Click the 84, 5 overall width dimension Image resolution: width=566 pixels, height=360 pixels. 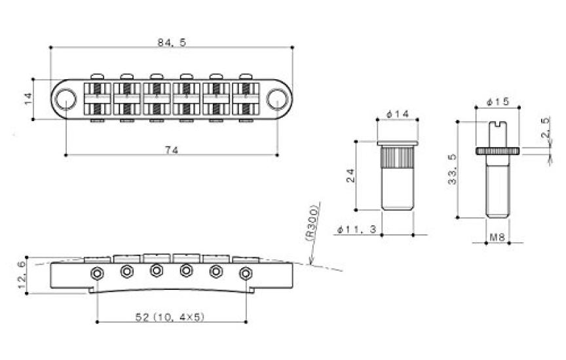pyautogui.click(x=171, y=42)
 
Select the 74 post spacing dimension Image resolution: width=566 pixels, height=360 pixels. pyautogui.click(x=172, y=150)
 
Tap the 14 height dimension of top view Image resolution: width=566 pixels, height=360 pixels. pyautogui.click(x=28, y=99)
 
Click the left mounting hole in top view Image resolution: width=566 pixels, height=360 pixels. pyautogui.click(x=66, y=99)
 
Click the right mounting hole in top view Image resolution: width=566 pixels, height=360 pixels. pyautogui.click(x=277, y=99)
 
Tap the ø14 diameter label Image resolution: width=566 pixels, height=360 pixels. pyautogui.click(x=398, y=115)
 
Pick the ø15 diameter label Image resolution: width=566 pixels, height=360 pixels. pyautogui.click(x=499, y=103)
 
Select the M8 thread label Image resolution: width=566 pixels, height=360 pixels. pyautogui.click(x=499, y=238)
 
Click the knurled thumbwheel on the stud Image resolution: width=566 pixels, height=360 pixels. pyautogui.click(x=499, y=151)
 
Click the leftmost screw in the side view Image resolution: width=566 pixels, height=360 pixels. pyautogui.click(x=96, y=272)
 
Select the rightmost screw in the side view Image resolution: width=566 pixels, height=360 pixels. pyautogui.click(x=246, y=273)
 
